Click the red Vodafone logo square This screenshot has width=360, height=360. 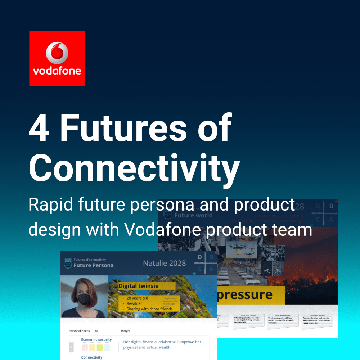coord(57,58)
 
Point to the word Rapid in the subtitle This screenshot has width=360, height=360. coord(46,205)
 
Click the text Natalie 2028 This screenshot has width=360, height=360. coord(164,263)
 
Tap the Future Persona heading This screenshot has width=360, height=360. coord(93,265)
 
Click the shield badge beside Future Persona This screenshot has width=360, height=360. coord(68,263)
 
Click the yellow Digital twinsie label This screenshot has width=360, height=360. coord(147,286)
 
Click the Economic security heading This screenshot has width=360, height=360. coord(96,339)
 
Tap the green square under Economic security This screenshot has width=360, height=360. coord(100,347)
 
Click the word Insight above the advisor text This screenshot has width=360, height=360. coord(126,331)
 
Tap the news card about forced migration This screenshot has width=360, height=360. coord(317,320)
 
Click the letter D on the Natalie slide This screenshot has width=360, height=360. coord(200,257)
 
